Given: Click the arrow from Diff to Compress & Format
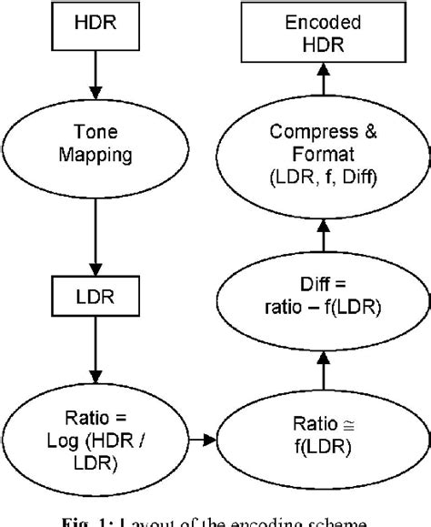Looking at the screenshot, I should point(320,233).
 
